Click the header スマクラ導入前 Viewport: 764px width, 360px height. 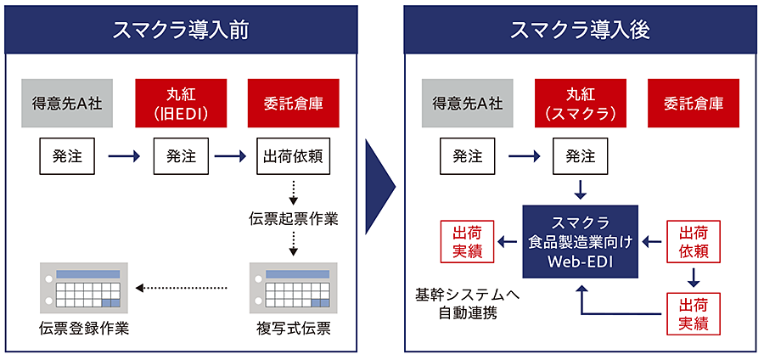(181, 30)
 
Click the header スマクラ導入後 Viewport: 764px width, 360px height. (580, 30)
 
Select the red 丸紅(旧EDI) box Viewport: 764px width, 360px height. (181, 104)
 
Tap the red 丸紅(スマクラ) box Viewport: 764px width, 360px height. (580, 104)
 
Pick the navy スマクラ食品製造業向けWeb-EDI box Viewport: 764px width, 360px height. (580, 242)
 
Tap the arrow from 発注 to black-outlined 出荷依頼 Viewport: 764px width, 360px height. (231, 156)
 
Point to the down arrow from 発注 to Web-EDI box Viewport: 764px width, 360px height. (580, 189)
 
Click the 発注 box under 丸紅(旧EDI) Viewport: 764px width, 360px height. (181, 156)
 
